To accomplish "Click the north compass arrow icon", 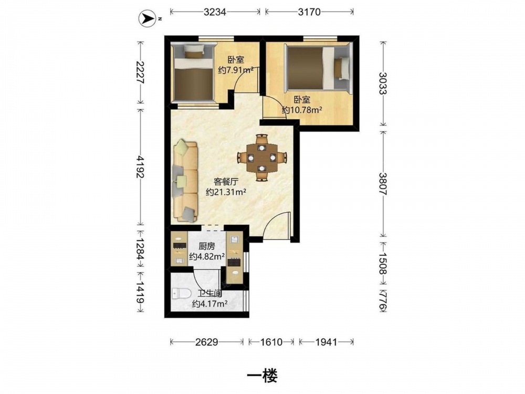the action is [148, 19].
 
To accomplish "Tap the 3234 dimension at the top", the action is [215, 12].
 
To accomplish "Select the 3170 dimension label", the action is [309, 12].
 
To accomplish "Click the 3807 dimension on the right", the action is [383, 184].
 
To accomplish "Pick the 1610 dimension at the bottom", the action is [271, 342].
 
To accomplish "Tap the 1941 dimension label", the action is [326, 342].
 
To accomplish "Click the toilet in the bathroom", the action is [181, 294].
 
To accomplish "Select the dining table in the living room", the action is [262, 157].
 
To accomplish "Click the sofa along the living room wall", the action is [185, 181].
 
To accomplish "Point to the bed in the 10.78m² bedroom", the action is [319, 68].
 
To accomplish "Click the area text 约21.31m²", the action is [226, 192].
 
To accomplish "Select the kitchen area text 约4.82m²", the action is [206, 257].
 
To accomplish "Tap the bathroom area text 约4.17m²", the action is [210, 304].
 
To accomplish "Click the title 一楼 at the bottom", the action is [262, 376].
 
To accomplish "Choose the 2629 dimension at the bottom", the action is [206, 342].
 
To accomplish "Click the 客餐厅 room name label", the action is [226, 182].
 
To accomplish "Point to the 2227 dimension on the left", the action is [141, 72].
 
